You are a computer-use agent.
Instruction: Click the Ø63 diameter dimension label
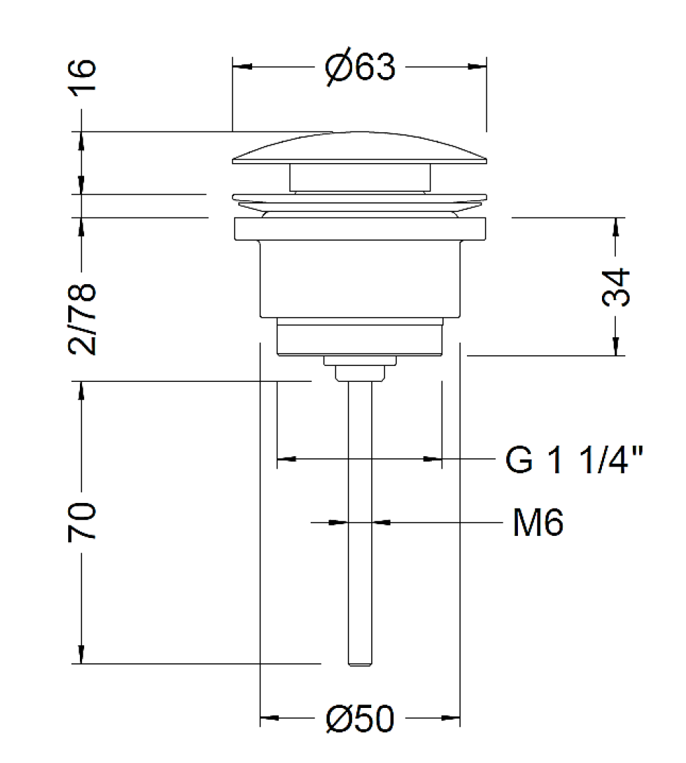[360, 67]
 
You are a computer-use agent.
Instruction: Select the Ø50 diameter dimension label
[360, 718]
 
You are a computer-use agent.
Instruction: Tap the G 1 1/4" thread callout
[574, 459]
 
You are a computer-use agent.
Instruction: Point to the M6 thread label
[538, 522]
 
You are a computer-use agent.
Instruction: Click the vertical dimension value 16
[82, 76]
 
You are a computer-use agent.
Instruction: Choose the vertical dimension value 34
[616, 287]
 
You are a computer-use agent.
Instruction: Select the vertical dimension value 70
[82, 522]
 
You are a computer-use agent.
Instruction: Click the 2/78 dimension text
[82, 319]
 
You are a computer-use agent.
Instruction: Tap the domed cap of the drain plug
[360, 147]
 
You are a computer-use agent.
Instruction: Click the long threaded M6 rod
[360, 523]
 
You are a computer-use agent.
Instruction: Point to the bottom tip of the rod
[360, 665]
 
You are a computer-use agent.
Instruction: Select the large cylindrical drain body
[360, 279]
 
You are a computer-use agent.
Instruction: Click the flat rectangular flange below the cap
[360, 228]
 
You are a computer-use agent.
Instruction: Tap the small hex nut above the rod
[360, 373]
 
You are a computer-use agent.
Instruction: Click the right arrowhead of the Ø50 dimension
[450, 718]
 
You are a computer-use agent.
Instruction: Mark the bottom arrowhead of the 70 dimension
[81, 654]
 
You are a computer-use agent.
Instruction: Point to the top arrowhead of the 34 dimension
[616, 228]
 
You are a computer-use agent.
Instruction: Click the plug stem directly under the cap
[360, 178]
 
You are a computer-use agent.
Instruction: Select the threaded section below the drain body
[360, 336]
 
